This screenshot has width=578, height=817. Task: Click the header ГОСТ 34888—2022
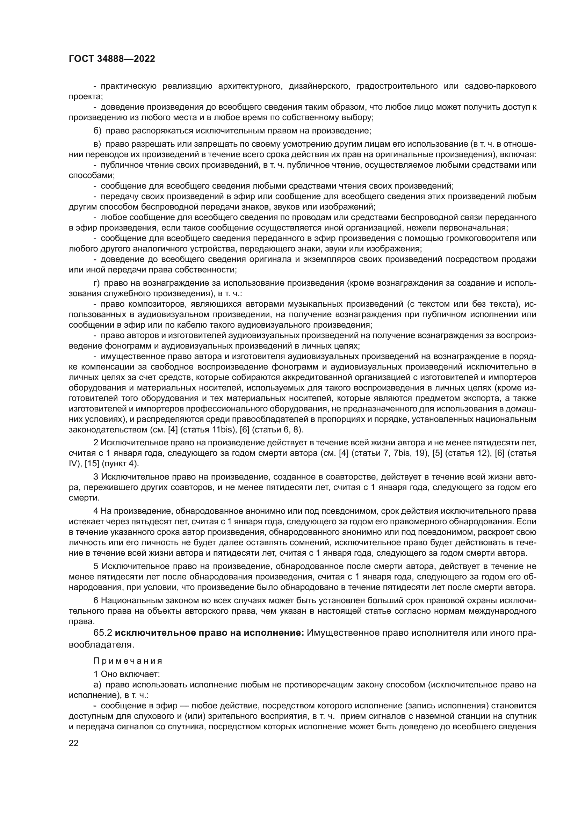click(112, 59)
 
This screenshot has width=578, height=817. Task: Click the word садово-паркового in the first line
click(500, 86)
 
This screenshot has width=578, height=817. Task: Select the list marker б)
click(97, 131)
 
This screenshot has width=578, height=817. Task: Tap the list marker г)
click(97, 283)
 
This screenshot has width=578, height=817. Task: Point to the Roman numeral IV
click(72, 464)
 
